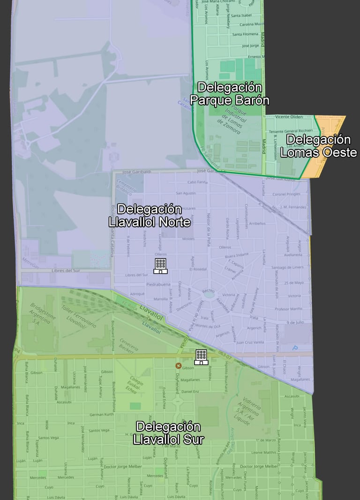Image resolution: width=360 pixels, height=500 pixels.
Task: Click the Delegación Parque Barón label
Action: coord(229,94)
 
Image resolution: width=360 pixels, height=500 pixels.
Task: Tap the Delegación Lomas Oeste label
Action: coord(318,146)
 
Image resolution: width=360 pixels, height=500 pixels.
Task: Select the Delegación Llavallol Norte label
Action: coord(149,215)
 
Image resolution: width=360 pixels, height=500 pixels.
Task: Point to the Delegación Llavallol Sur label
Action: coord(168,433)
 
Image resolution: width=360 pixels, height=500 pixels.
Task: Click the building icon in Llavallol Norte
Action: coord(160,266)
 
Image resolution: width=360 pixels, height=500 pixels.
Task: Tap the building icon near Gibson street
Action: coord(201,357)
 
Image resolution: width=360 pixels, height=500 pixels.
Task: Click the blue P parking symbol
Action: coord(295,348)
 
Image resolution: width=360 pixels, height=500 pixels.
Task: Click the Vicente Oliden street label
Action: coord(289,117)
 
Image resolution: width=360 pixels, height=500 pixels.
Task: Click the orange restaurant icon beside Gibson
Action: coord(178,365)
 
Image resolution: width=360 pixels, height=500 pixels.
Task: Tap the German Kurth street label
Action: coord(102,415)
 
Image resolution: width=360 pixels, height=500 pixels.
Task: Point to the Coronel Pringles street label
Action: coord(286,194)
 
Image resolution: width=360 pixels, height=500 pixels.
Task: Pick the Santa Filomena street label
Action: coord(245,34)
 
